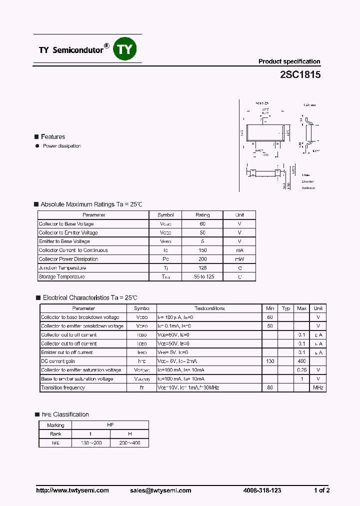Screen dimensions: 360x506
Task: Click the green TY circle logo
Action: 126,49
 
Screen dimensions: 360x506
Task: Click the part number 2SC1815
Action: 300,75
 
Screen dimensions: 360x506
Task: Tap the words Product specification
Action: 289,61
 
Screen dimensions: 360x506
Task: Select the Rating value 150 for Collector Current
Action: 202,250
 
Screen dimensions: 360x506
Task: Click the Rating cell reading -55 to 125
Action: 202,276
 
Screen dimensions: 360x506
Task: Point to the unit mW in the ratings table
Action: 239,259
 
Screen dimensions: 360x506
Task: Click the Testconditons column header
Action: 209,308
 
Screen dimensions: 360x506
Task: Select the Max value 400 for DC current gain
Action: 301,361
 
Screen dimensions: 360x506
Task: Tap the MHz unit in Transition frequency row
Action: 318,387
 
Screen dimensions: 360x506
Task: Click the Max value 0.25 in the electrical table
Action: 301,370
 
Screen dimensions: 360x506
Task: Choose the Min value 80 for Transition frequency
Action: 270,387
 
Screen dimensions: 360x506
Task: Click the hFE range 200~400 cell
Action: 129,443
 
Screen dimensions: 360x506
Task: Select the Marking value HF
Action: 110,425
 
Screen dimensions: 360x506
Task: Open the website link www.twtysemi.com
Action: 72,490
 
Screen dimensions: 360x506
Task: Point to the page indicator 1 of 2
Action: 321,490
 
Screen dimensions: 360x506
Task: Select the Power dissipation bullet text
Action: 62,146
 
